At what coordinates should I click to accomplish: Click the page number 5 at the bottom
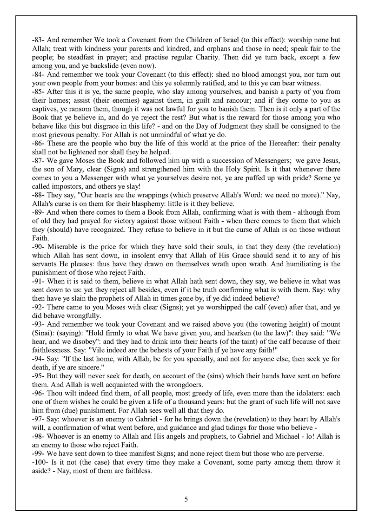(x=186, y=500)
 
